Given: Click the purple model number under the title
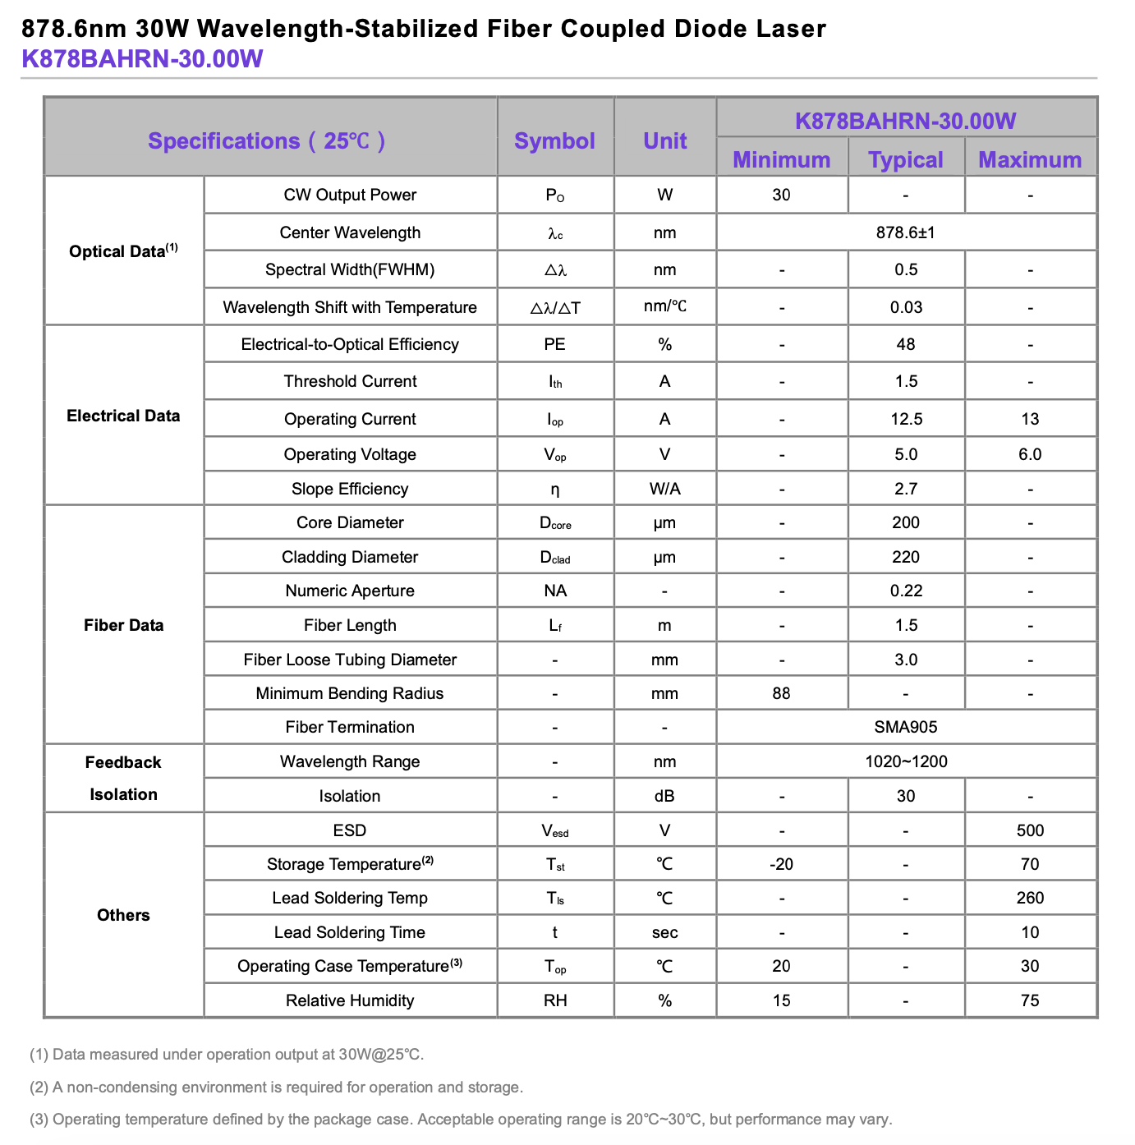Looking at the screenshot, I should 142,59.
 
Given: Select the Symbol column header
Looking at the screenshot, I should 554,141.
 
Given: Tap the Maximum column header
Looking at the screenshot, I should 1030,159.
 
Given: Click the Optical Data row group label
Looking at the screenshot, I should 123,251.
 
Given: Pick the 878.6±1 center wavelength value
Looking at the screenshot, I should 905,232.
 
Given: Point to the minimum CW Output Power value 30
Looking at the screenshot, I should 781,195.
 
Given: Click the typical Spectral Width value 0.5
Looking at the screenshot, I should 906,269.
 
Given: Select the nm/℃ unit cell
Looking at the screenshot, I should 664,306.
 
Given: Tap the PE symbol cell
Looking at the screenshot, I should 554,344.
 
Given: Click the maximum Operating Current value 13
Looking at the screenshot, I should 1030,419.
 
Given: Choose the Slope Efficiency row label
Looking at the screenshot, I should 350,489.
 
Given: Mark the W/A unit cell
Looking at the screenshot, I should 664,489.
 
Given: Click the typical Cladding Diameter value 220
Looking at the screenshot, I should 906,557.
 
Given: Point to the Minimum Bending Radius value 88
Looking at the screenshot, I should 781,693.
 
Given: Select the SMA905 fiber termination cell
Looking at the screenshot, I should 905,727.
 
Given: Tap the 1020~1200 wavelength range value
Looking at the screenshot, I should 905,761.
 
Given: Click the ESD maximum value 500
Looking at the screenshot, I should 1030,830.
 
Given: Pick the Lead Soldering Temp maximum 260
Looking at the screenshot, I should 1030,898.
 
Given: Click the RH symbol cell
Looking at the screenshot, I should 554,1000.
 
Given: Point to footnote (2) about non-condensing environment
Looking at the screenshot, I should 276,1087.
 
